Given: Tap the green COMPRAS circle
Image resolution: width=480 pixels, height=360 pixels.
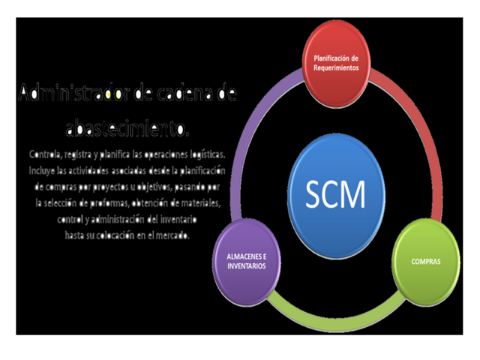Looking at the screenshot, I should (x=425, y=262).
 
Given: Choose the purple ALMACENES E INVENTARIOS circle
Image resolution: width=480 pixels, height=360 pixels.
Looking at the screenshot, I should (x=246, y=262).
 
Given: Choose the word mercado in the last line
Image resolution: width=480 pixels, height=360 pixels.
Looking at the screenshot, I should (x=171, y=235).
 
